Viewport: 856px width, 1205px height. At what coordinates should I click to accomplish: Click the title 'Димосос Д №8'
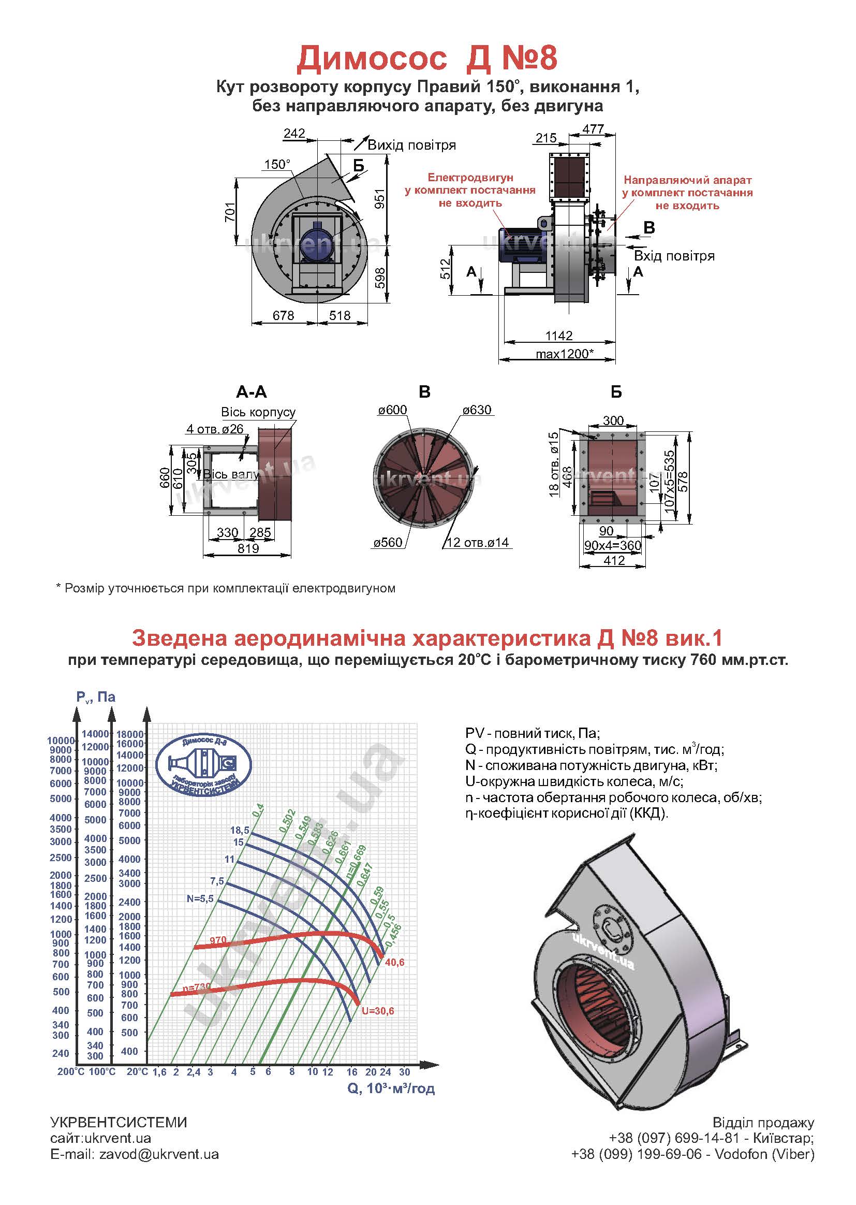tap(427, 58)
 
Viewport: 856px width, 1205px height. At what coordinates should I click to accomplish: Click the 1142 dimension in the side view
tap(559, 336)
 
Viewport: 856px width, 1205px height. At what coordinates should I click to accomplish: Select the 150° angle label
tap(277, 165)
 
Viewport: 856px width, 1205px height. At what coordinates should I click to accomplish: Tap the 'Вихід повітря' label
tap(411, 145)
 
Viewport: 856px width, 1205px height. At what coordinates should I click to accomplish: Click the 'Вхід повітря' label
tap(674, 256)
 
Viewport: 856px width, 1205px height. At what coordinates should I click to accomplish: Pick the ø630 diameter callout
tap(477, 410)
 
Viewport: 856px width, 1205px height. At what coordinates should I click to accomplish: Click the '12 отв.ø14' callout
tap(478, 542)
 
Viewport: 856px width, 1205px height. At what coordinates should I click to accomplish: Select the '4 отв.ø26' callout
tap(215, 429)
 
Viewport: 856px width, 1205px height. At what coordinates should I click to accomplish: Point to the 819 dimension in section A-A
tap(248, 548)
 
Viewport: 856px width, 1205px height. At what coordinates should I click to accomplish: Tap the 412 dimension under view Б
tap(614, 561)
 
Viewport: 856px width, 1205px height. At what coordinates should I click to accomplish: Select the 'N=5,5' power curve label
tap(200, 898)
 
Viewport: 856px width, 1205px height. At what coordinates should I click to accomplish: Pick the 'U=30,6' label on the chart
tap(377, 1011)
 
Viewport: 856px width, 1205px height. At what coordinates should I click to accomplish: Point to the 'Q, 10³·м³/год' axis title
tap(391, 1088)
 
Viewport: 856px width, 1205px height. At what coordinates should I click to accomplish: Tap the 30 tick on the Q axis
tap(404, 1072)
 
